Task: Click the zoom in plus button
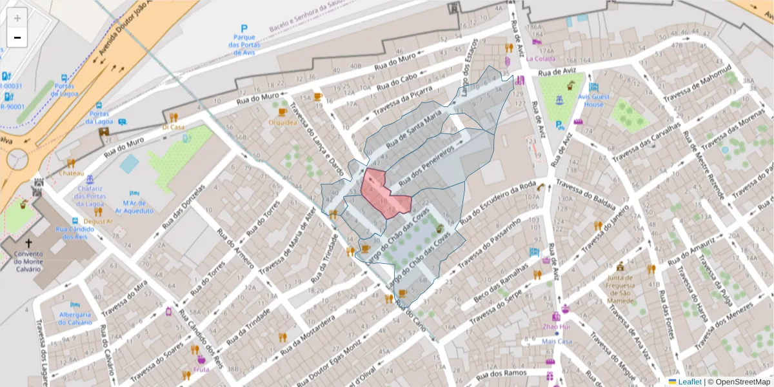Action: (17, 17)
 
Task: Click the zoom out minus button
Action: (17, 37)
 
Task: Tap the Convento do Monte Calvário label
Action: (28, 261)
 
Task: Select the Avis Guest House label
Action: (594, 101)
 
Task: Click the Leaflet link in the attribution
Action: (690, 382)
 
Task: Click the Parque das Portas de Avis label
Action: (244, 45)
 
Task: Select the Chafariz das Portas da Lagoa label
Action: (90, 196)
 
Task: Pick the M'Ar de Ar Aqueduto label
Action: (134, 206)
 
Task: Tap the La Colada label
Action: (540, 58)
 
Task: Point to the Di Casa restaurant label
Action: (173, 127)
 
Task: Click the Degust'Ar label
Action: (98, 221)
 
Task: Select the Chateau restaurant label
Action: (72, 174)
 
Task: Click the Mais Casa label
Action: (557, 341)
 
